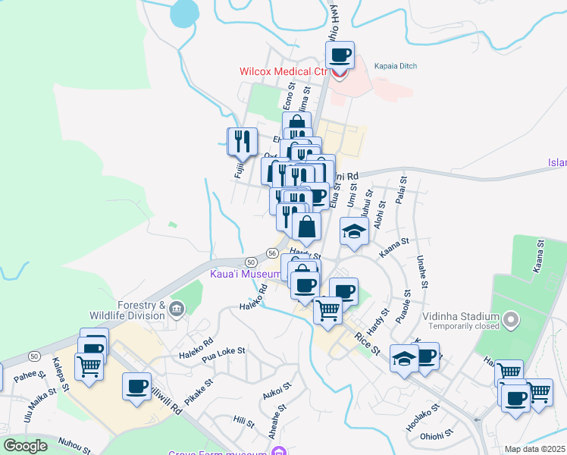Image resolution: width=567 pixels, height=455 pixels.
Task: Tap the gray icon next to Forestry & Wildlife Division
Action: click(177, 308)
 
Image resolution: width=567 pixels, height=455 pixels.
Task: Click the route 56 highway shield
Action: click(271, 253)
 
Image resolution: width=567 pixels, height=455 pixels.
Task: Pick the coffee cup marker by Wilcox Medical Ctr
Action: click(340, 55)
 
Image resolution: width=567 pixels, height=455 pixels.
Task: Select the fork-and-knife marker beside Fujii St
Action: click(240, 141)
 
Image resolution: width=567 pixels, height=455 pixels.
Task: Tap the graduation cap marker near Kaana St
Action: click(354, 231)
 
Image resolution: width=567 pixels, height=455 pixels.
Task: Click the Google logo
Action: click(25, 445)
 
